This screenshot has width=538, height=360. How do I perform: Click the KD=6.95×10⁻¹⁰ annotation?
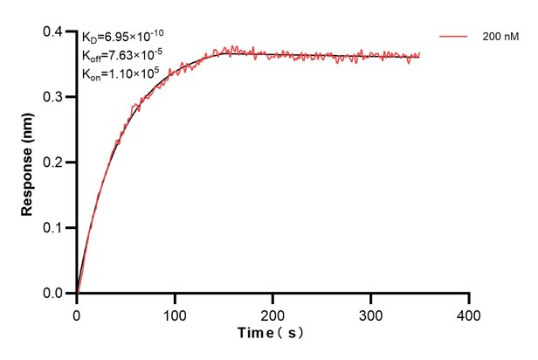pyautogui.click(x=122, y=37)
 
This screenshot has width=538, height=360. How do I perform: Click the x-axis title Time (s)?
pyautogui.click(x=272, y=334)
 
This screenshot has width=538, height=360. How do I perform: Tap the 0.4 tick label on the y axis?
pyautogui.click(x=54, y=32)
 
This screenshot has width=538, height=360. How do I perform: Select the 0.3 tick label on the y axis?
pyautogui.click(x=54, y=97)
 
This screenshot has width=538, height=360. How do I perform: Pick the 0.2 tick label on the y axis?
pyautogui.click(x=54, y=163)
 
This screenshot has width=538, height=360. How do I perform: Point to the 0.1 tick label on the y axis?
pyautogui.click(x=54, y=228)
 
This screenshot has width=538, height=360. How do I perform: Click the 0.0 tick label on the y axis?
pyautogui.click(x=54, y=294)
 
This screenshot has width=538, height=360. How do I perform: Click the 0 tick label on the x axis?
pyautogui.click(x=77, y=312)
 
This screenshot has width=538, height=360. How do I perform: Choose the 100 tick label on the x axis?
pyautogui.click(x=175, y=312)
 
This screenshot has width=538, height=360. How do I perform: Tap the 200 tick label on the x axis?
pyautogui.click(x=273, y=312)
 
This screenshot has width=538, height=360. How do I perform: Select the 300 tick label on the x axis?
pyautogui.click(x=371, y=312)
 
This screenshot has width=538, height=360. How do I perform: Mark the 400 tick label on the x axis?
pyautogui.click(x=469, y=312)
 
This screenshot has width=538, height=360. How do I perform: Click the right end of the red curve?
pyautogui.click(x=420, y=54)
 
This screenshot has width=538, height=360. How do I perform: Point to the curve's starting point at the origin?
pyautogui.click(x=77, y=293)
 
